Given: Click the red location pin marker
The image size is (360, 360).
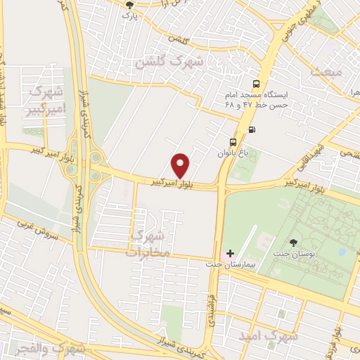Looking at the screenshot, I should [181, 165].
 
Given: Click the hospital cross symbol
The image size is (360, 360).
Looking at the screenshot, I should [230, 252].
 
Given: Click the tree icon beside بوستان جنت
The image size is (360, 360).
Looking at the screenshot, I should [292, 243].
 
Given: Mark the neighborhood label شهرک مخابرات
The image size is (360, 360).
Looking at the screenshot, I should [148, 243].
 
